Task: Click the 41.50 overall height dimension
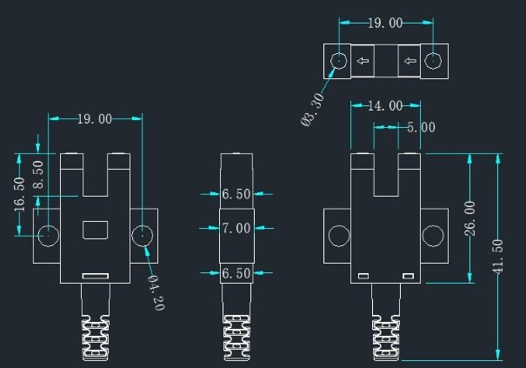point(497,256)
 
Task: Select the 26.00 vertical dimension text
point(470,217)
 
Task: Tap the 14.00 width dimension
point(383,106)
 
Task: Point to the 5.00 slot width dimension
point(421,127)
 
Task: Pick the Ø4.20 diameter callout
point(155,292)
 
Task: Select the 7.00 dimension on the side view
point(236,229)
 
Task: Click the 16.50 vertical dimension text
point(19,193)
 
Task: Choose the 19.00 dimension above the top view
point(385,23)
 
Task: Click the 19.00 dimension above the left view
point(95,118)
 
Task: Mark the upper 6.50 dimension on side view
point(236,194)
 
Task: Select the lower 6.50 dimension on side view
point(236,273)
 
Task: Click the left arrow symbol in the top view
point(363,62)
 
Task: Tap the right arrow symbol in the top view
point(409,62)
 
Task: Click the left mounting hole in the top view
point(338,61)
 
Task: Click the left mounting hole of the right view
point(337,235)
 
